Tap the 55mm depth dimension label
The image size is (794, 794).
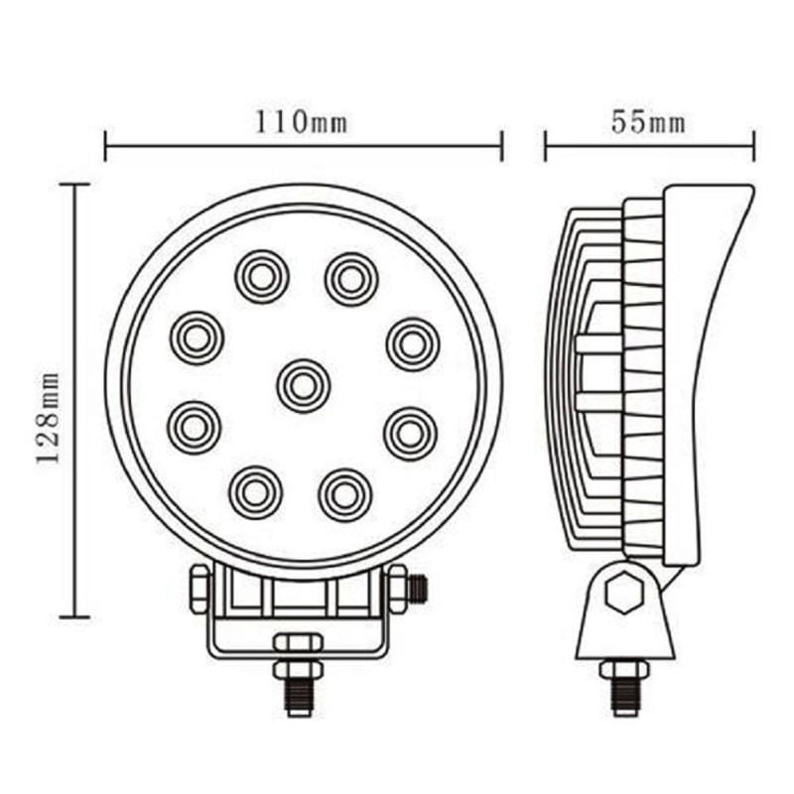[648, 122]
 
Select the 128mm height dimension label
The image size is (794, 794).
[48, 417]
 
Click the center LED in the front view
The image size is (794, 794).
[303, 385]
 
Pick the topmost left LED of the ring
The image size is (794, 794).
[262, 276]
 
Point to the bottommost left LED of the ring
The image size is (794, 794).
[255, 491]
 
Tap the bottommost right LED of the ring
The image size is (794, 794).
[344, 493]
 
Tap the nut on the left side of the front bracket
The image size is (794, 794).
[199, 590]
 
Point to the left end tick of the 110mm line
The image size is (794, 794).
[105, 146]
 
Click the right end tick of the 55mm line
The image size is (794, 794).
[754, 146]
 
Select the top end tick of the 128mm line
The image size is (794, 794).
[74, 185]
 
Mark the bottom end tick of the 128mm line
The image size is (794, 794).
[74, 616]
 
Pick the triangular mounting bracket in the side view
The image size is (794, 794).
[625, 615]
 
